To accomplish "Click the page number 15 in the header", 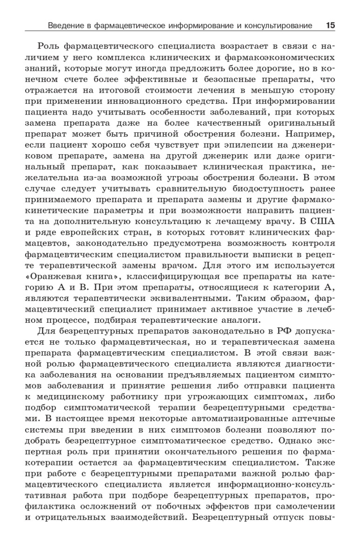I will coord(330,26).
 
